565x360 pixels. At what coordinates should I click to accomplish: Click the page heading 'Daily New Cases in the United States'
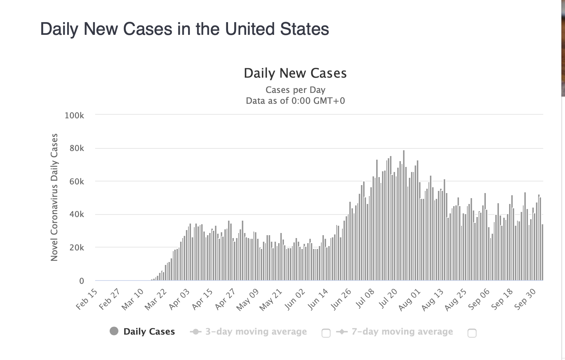click(184, 29)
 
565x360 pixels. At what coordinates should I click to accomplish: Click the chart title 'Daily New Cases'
click(295, 73)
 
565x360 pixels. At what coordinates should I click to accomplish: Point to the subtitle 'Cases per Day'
click(295, 90)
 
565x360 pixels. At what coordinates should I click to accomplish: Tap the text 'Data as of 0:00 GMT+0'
click(295, 101)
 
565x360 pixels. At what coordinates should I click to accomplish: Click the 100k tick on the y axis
click(74, 115)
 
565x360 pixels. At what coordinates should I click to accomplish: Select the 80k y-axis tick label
click(76, 148)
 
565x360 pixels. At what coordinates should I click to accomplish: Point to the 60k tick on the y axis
click(76, 181)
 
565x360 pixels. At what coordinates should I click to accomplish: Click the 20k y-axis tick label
click(76, 248)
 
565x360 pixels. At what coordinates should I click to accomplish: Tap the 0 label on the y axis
click(81, 281)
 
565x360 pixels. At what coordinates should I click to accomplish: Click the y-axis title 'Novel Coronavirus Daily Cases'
click(54, 197)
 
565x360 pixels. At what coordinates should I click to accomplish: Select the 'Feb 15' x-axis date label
click(87, 299)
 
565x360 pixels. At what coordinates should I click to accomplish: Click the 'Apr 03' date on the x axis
click(180, 299)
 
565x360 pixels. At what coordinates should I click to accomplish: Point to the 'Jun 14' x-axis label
click(318, 299)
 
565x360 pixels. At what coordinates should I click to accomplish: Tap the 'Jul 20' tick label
click(388, 299)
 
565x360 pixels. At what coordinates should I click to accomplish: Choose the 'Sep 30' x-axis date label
click(526, 299)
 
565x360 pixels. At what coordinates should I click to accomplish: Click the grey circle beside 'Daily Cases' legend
click(114, 331)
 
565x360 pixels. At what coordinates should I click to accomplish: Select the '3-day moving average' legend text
click(256, 332)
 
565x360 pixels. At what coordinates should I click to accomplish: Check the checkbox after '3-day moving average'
click(326, 333)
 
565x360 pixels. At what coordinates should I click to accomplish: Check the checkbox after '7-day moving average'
click(472, 333)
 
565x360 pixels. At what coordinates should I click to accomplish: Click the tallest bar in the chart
click(403, 218)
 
